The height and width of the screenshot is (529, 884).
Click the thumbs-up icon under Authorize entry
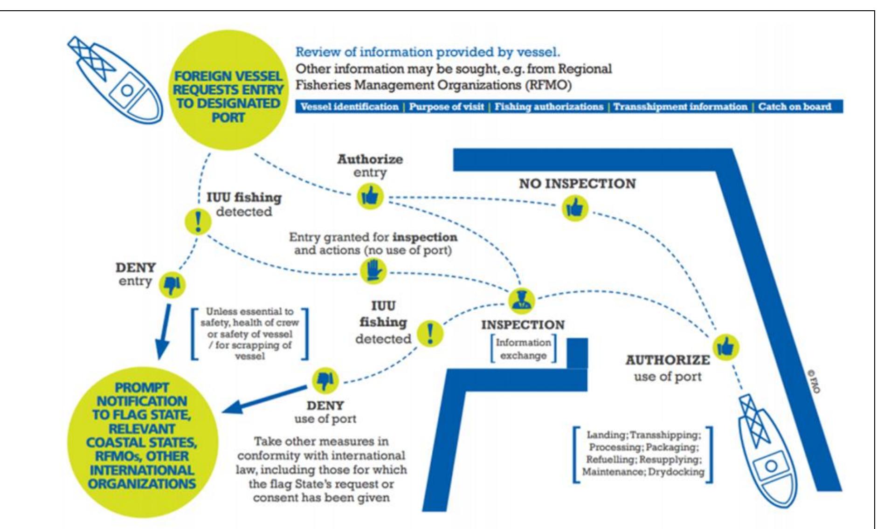(370, 196)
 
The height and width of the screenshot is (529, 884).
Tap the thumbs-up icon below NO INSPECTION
(575, 207)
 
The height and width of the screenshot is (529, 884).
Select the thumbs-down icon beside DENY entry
(172, 284)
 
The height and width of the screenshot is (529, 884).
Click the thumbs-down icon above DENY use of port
(325, 380)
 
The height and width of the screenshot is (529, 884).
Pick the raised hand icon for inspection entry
(374, 271)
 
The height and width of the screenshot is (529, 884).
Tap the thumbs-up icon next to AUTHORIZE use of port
(726, 347)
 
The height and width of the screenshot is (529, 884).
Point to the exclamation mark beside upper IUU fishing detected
(198, 221)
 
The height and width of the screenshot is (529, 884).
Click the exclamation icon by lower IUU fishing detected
(429, 333)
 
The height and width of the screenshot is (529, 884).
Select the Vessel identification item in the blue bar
(349, 107)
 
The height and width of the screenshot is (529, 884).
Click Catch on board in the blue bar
(794, 107)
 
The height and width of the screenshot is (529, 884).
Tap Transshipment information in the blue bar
(680, 107)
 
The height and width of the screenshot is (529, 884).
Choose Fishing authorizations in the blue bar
(549, 107)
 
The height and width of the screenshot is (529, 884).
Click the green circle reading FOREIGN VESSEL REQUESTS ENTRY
(228, 96)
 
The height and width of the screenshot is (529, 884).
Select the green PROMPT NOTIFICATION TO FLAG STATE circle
(142, 436)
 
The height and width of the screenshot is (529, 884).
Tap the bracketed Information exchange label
(523, 349)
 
